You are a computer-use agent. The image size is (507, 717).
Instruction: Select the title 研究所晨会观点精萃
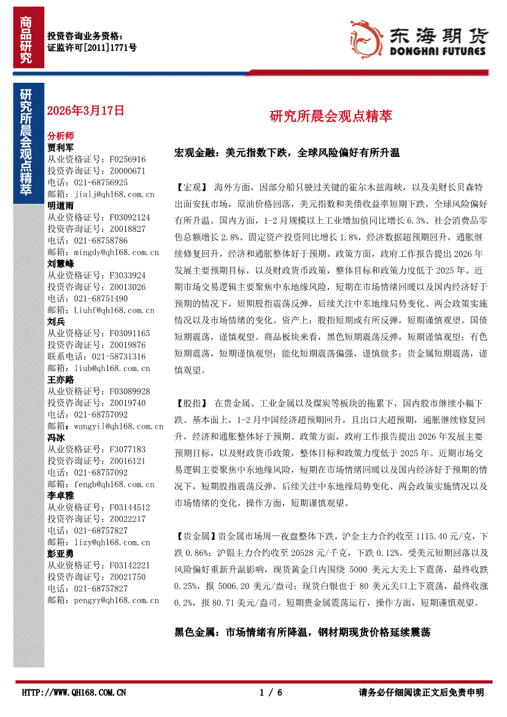pos(331,116)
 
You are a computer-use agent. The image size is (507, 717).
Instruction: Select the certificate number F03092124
pos(130,217)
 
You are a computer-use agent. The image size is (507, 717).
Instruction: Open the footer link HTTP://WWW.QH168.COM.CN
pos(74,692)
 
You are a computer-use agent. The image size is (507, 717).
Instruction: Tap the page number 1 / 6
pos(271,692)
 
